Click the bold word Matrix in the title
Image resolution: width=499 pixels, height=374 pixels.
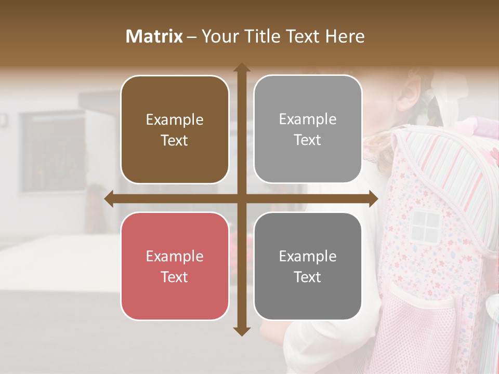[x=154, y=36]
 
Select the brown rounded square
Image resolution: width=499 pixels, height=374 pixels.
[x=175, y=129]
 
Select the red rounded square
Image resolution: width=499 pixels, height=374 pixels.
[x=175, y=266]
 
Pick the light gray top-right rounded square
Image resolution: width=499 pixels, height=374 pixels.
[x=308, y=129]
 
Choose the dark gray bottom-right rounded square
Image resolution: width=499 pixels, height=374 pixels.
[x=308, y=266]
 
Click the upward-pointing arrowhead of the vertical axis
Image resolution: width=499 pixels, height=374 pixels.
[x=241, y=68]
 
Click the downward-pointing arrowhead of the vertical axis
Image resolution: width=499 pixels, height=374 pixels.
[x=241, y=331]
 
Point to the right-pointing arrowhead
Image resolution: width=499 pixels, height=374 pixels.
[x=373, y=199]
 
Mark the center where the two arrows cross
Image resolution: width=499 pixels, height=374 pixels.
[x=241, y=199]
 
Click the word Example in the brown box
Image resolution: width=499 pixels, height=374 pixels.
[x=175, y=120]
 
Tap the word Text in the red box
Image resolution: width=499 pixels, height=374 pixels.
[x=175, y=277]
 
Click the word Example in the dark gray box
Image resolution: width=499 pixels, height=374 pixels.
[x=308, y=256]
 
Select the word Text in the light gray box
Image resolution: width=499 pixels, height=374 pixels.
[x=308, y=140]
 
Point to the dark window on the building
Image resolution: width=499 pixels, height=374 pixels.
[x=52, y=145]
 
